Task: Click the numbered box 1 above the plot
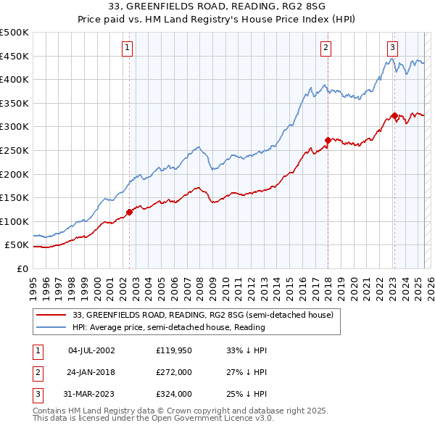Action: click(127, 48)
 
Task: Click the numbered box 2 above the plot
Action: click(326, 48)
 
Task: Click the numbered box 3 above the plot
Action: click(392, 48)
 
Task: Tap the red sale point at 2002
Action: click(130, 213)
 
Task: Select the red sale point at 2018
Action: click(328, 140)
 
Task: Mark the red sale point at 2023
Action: click(394, 115)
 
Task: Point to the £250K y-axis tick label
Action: click(15, 150)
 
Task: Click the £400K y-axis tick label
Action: click(15, 79)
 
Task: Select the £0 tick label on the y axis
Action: click(22, 268)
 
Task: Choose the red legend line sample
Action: click(51, 315)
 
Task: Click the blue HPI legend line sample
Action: click(51, 327)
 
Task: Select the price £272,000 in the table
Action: click(173, 372)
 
